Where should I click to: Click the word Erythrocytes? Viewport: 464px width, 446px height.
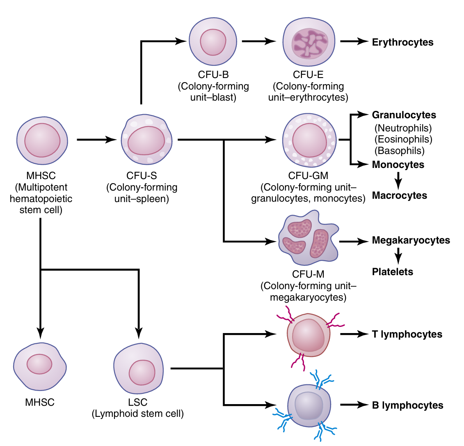[x=402, y=42]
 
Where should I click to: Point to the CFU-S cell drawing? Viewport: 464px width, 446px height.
[x=146, y=140]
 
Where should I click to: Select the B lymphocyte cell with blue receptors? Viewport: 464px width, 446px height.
[x=309, y=405]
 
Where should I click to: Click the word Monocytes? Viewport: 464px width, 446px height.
[x=398, y=165]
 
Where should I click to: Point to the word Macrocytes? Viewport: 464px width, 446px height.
[x=400, y=195]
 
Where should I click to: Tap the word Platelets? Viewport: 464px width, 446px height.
[x=393, y=271]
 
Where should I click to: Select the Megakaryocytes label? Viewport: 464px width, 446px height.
[x=411, y=241]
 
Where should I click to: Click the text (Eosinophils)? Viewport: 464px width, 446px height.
[x=403, y=139]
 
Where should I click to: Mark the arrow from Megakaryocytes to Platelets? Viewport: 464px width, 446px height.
[x=398, y=256]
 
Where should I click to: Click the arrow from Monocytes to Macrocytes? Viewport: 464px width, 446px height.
[x=398, y=180]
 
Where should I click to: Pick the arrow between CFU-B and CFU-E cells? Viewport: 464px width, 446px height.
[x=259, y=41]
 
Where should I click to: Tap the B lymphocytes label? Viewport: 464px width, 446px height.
[x=407, y=405]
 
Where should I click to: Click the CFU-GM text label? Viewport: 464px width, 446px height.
[x=308, y=176]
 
